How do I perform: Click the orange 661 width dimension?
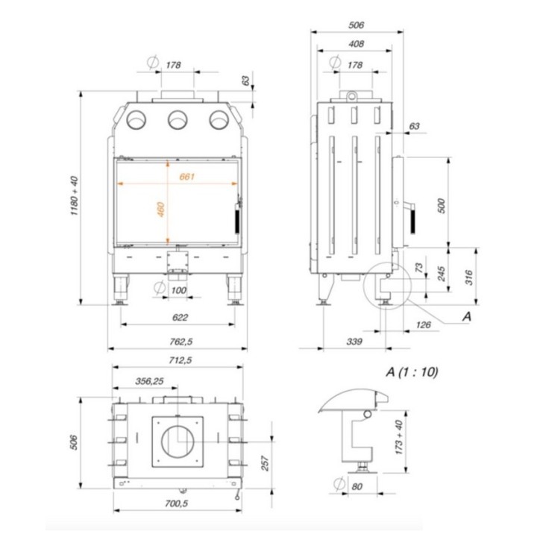[x=187, y=177]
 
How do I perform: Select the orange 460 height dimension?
[x=160, y=209]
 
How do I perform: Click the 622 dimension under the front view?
[x=180, y=317]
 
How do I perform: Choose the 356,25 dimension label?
[x=150, y=381]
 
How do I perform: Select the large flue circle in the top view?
[x=178, y=442]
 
